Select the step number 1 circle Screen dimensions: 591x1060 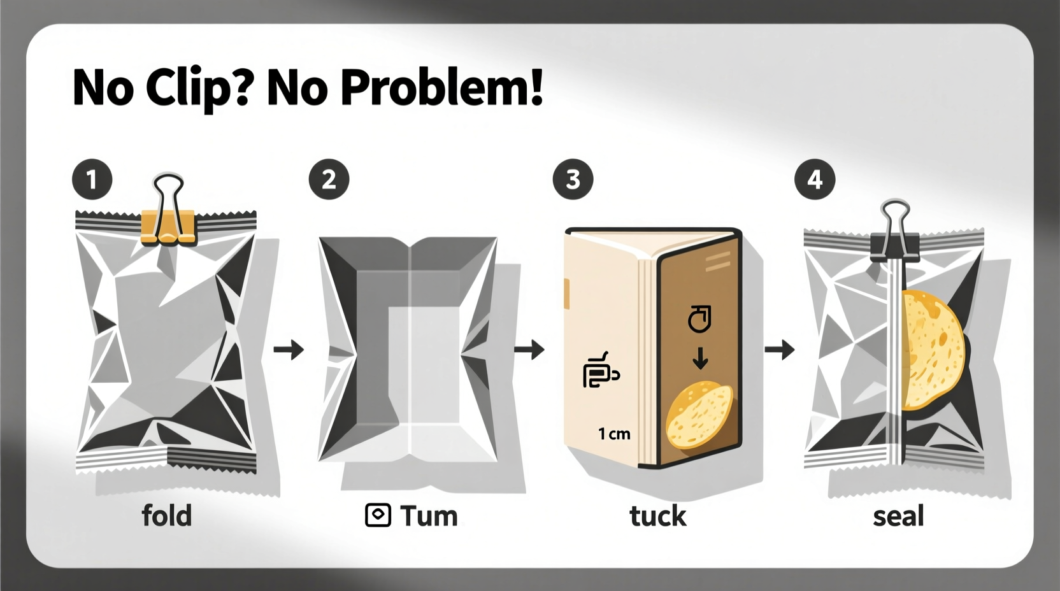[x=92, y=180]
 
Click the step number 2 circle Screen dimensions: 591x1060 [x=329, y=180]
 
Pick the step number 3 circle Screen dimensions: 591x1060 [x=573, y=180]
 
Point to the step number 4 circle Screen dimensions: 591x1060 [x=815, y=180]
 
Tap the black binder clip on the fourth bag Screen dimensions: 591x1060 [x=894, y=239]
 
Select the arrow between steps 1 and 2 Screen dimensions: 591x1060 [x=289, y=349]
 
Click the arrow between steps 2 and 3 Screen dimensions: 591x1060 [x=529, y=349]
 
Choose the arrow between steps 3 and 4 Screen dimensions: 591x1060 [x=779, y=349]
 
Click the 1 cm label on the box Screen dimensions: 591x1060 [x=614, y=434]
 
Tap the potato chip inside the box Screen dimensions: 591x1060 [x=699, y=414]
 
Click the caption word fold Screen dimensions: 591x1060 [x=166, y=515]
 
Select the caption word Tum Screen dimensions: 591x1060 [x=429, y=516]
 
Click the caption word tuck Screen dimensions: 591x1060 [x=657, y=516]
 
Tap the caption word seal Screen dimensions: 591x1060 [x=898, y=516]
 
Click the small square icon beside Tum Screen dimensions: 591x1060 [x=378, y=515]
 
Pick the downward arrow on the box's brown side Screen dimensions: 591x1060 [x=700, y=359]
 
